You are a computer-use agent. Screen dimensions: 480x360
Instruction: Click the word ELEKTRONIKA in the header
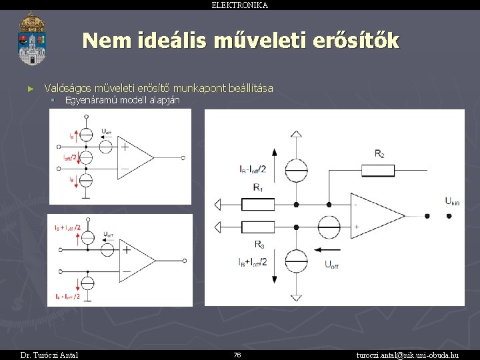(239, 5)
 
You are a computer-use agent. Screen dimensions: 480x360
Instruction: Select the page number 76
(237, 355)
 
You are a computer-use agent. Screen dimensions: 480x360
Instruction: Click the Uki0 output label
(453, 201)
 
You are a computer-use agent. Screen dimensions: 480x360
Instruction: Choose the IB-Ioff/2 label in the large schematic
(251, 169)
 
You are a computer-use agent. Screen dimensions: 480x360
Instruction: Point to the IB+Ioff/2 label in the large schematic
(251, 261)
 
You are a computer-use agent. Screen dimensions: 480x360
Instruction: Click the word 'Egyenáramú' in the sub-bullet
(89, 100)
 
